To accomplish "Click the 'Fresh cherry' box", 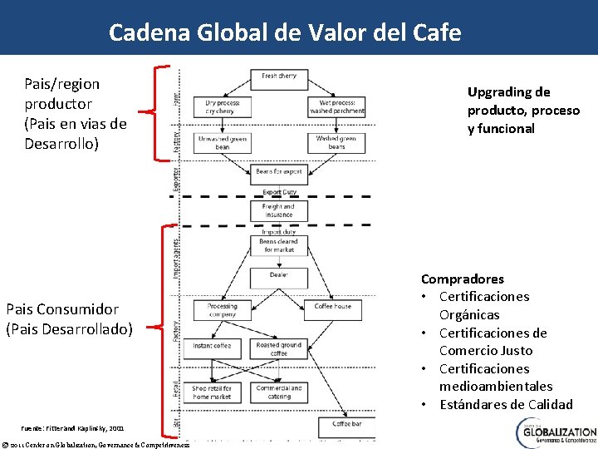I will [x=279, y=76].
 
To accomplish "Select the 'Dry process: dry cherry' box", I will [x=221, y=106].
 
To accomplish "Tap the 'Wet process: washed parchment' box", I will [x=336, y=106].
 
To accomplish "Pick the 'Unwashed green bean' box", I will [x=223, y=143].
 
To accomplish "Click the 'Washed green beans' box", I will [x=336, y=143].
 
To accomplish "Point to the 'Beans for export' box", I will [x=279, y=172].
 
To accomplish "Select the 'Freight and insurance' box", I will [x=278, y=210].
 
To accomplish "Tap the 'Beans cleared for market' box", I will [x=279, y=245].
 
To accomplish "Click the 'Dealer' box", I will [x=279, y=275].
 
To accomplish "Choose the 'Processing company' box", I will [x=223, y=309].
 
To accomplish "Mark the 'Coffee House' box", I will [x=333, y=307].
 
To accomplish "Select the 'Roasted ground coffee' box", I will [x=279, y=348].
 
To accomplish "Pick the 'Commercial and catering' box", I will [x=279, y=392].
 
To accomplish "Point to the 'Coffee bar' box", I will [x=346, y=423].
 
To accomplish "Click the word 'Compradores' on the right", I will [x=463, y=279].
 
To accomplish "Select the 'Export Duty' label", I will [x=279, y=192].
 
